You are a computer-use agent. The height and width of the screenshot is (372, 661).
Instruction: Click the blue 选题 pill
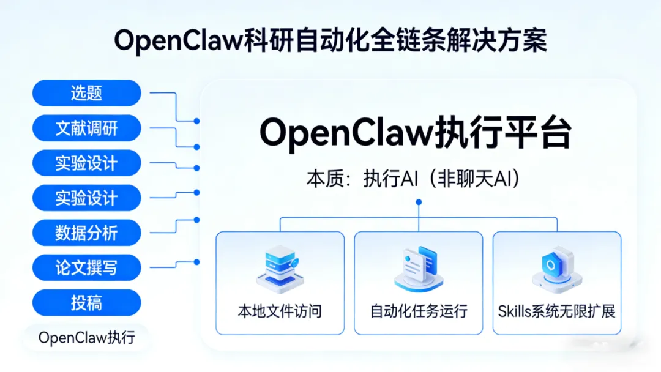(x=86, y=93)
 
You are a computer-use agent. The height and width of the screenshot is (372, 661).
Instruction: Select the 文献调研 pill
(x=86, y=128)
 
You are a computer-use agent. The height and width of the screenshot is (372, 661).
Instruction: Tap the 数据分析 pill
(x=86, y=232)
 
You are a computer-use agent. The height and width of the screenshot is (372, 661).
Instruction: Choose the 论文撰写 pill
(x=86, y=267)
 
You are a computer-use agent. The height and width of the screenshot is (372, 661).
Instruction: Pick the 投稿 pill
(x=86, y=302)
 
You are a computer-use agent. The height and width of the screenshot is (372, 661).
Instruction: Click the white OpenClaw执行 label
(x=86, y=337)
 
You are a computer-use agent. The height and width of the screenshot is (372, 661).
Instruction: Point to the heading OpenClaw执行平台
(x=416, y=133)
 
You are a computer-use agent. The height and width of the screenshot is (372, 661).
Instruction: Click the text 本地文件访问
(x=280, y=311)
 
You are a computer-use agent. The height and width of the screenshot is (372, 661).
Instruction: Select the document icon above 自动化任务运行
(x=418, y=267)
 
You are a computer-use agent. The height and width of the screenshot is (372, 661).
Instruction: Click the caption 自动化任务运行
(x=419, y=311)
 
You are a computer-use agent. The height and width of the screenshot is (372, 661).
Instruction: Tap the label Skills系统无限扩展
(x=556, y=311)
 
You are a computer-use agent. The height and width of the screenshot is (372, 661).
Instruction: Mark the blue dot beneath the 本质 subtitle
(x=419, y=201)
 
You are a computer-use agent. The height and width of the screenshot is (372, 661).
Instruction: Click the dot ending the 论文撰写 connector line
(x=196, y=262)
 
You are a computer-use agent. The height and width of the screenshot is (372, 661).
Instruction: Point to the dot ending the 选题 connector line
(x=196, y=121)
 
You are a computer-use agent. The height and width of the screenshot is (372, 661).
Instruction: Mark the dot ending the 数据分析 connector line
(x=196, y=220)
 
